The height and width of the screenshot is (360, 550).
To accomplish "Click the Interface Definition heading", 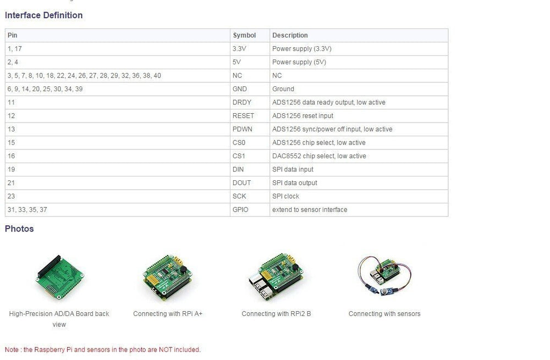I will click(43, 15).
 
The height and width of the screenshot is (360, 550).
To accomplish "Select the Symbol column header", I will click(244, 35).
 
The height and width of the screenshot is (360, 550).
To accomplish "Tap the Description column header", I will click(290, 35).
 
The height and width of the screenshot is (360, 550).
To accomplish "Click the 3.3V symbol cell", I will click(239, 49).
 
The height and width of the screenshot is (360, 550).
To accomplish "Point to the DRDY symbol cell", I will click(241, 102).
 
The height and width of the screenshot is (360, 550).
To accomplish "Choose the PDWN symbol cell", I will click(243, 129).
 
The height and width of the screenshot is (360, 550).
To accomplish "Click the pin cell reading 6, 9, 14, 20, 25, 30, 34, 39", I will click(45, 89).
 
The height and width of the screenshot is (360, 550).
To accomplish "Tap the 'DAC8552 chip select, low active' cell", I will click(319, 156).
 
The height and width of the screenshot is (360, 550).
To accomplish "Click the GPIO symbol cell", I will click(240, 209).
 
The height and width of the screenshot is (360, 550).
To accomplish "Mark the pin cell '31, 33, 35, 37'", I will click(27, 209).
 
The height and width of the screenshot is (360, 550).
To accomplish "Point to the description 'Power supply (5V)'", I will click(299, 62).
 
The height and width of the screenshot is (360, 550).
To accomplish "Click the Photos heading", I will click(19, 229).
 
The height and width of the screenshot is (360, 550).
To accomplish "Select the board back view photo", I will click(59, 277).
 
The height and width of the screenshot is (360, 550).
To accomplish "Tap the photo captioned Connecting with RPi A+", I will click(167, 277).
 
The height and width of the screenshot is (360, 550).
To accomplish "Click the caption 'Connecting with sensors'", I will click(384, 314).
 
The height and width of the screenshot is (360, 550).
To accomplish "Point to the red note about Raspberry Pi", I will click(103, 350).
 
